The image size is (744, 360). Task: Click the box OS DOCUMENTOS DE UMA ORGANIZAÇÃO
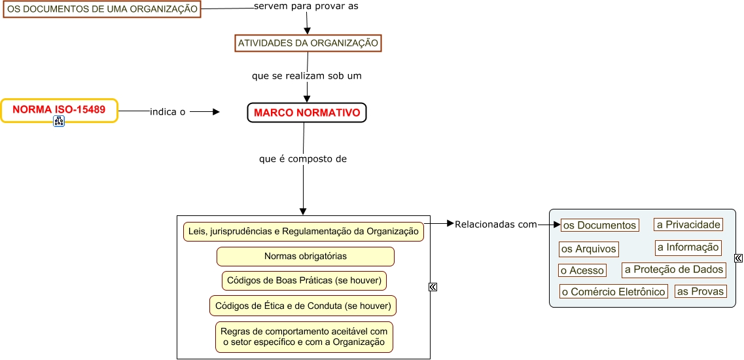(101, 9)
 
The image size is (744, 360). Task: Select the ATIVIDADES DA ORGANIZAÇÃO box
(308, 43)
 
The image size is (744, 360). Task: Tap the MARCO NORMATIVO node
(307, 113)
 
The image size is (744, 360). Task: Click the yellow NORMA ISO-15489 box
(59, 110)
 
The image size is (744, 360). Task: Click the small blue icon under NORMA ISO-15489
(59, 121)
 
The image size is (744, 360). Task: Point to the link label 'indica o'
(168, 112)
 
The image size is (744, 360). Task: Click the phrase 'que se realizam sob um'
(307, 76)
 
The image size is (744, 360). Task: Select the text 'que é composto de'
(303, 158)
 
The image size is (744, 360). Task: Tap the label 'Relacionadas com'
(495, 225)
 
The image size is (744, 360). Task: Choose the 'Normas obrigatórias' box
(306, 256)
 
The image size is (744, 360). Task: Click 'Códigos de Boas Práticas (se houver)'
(304, 281)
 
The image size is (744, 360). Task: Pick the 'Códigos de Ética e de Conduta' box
(303, 306)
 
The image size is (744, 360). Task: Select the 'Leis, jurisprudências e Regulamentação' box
(303, 232)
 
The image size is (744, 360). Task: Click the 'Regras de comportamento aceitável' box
(304, 336)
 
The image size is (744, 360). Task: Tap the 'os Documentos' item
(599, 225)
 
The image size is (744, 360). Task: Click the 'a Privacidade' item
(688, 225)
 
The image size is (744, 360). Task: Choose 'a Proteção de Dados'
(673, 270)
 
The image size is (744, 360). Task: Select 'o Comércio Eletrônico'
(613, 292)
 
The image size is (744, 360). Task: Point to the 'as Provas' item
(700, 291)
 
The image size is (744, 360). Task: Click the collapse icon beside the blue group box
(739, 259)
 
